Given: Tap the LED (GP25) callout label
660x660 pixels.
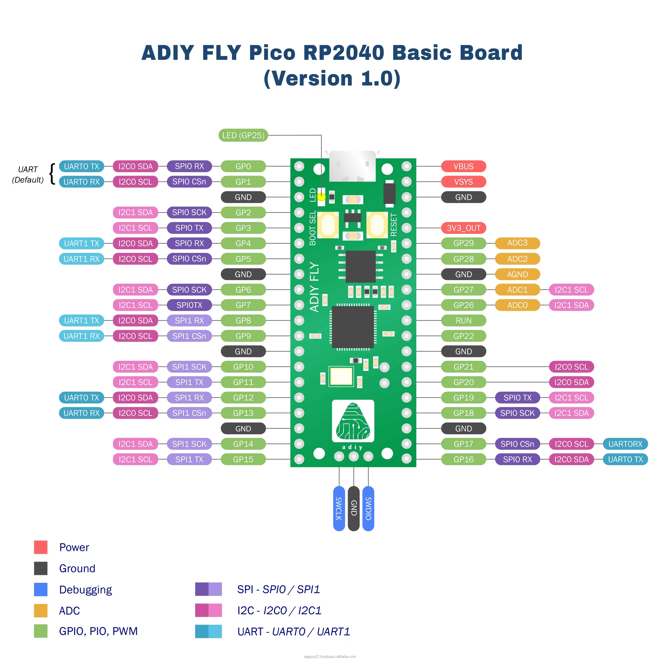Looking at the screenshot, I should coord(243,135).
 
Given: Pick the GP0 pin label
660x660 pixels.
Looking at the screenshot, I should coord(243,166).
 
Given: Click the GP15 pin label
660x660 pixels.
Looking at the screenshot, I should coord(243,459).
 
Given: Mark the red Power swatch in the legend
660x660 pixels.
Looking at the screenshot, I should coord(41,547).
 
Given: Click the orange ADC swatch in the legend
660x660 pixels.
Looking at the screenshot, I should coord(41,610).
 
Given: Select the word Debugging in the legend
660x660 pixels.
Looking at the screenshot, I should coord(85,590).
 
